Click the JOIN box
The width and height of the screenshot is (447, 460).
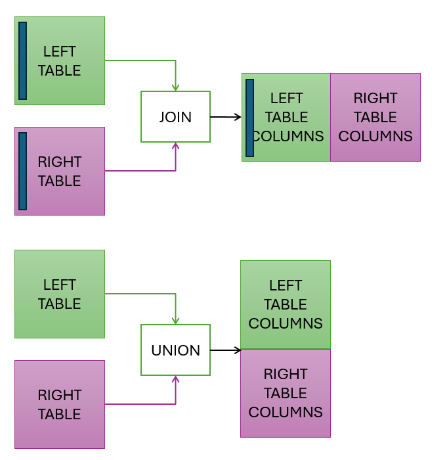[175, 117]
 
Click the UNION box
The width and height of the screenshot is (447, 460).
[175, 350]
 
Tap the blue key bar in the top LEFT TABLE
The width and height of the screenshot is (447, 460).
[23, 60]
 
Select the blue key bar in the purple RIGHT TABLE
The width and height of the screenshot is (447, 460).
[23, 171]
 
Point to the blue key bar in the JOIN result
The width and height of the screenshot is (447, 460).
[249, 118]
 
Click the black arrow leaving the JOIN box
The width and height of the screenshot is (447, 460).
[226, 117]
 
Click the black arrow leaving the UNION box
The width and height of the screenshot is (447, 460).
[225, 350]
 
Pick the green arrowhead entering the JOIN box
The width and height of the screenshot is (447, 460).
[175, 87]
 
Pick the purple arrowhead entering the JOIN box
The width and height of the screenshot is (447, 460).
[175, 147]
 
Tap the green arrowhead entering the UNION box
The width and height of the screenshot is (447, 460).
[175, 320]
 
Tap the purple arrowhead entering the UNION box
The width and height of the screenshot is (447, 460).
[175, 380]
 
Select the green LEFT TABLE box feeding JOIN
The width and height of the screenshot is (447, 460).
[60, 60]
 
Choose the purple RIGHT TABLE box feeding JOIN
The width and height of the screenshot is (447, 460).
[60, 171]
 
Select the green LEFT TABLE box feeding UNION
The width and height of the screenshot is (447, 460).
[60, 294]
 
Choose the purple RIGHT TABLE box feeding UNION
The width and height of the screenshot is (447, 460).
[60, 404]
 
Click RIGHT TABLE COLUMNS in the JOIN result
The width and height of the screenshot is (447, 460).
[375, 117]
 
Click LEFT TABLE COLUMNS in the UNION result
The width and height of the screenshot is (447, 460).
[286, 304]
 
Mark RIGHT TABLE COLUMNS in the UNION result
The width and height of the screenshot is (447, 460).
[286, 393]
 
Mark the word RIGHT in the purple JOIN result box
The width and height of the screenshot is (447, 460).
[375, 98]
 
